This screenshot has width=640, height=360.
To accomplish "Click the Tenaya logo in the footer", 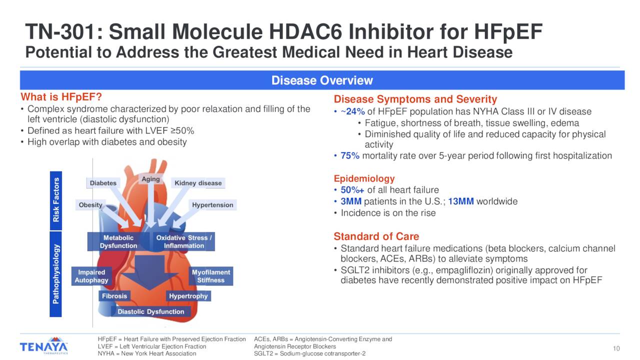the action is click(x=43, y=345).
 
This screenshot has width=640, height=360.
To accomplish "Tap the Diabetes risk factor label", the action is click(x=103, y=183).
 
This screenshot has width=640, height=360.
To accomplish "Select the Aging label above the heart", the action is click(x=150, y=179).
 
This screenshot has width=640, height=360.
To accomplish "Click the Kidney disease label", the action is click(x=198, y=183).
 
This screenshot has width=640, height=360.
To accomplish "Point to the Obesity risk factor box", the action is click(x=90, y=205).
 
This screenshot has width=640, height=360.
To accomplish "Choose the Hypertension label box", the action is click(x=212, y=205).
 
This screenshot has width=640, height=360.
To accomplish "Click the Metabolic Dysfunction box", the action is click(x=118, y=241).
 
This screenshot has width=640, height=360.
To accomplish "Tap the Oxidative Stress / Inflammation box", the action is click(x=184, y=241).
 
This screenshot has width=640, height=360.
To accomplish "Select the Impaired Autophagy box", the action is click(x=91, y=276).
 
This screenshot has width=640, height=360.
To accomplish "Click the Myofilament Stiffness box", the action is click(x=211, y=276).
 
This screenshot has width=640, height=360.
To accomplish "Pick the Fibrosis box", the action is click(x=114, y=296).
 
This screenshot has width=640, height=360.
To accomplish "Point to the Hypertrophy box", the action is click(x=188, y=296).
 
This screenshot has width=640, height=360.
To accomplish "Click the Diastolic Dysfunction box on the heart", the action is click(x=151, y=311).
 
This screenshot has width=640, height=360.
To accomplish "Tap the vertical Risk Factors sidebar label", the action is click(x=56, y=201).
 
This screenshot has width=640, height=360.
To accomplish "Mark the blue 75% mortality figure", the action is click(x=350, y=155).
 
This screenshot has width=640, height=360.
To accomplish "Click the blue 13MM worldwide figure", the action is click(x=461, y=201).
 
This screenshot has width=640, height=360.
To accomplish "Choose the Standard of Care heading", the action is click(x=376, y=236).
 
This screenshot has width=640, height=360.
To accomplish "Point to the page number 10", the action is click(x=616, y=348).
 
